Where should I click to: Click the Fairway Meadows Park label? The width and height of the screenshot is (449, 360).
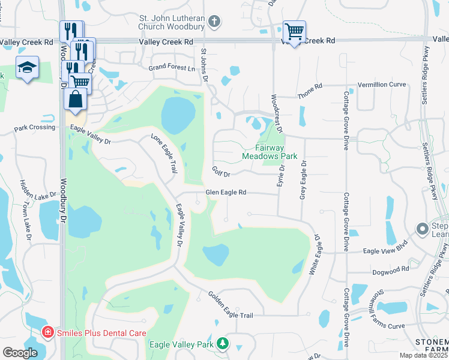point(270,151)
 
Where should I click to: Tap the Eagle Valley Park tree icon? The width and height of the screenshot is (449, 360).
point(223,343)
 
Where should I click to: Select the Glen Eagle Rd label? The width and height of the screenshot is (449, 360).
point(226,193)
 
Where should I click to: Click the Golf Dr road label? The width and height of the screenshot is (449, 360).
point(222,171)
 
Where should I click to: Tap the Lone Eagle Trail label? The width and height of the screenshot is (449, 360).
point(164,154)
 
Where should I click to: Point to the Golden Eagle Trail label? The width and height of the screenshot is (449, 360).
point(231,305)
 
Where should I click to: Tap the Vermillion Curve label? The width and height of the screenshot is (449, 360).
point(382,85)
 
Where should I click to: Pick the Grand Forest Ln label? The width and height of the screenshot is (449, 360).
point(172,68)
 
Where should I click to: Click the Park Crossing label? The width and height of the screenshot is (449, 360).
point(35,128)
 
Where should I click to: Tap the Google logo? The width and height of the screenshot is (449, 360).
point(20,353)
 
